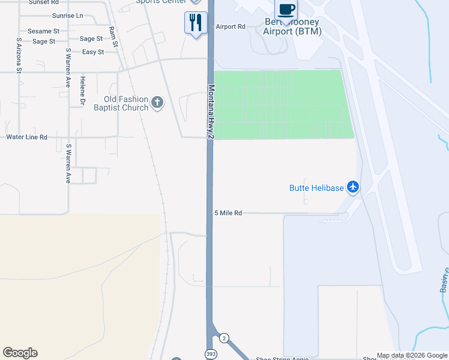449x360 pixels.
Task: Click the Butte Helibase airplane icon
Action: (353, 188)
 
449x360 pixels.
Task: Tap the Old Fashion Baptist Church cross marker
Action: (157, 103)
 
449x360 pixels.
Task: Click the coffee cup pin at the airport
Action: (286, 11)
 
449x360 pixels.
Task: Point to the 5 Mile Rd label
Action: (228, 213)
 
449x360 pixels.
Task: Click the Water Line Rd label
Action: (26, 137)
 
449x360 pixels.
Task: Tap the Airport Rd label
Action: (231, 26)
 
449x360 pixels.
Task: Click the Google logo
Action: (20, 353)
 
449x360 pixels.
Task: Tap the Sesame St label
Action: (43, 31)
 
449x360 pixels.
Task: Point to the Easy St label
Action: (93, 52)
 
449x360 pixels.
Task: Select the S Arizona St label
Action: (19, 56)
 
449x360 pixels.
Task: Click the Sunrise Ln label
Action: (68, 15)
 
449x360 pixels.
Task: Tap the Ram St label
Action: (113, 37)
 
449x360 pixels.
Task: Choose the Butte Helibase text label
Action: (316, 188)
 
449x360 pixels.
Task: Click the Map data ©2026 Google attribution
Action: (412, 355)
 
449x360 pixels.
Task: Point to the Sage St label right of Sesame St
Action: (91, 39)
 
